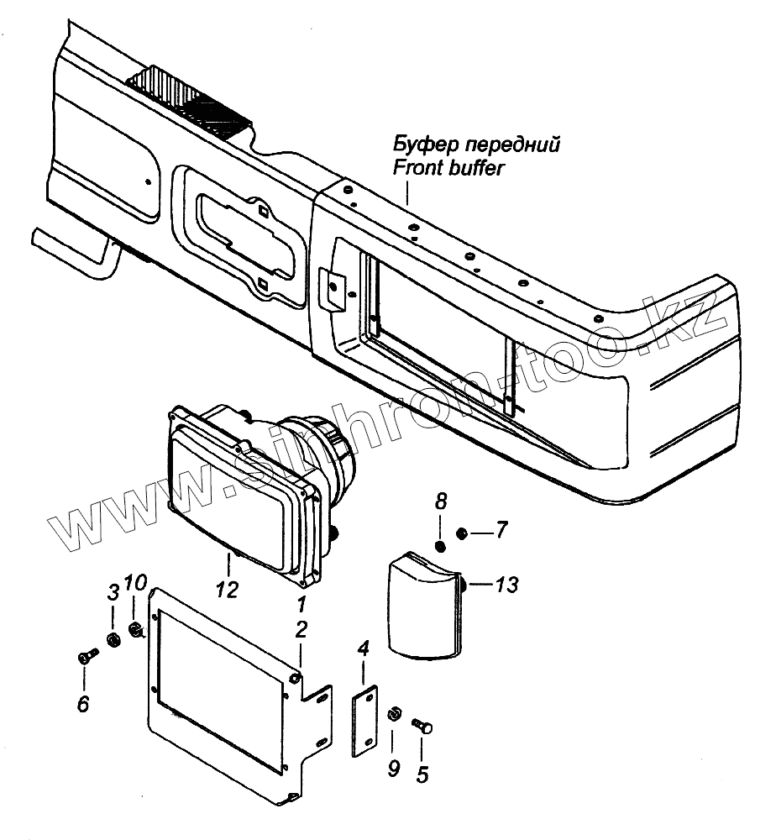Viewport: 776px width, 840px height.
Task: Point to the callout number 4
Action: point(363,648)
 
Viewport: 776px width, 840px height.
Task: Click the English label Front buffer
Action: point(448,168)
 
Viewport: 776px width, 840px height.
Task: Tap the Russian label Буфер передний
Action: point(475,143)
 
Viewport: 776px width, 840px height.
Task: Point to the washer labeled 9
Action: point(393,715)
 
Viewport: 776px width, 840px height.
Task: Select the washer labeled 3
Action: point(113,643)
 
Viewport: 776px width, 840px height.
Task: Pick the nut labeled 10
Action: point(134,628)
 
